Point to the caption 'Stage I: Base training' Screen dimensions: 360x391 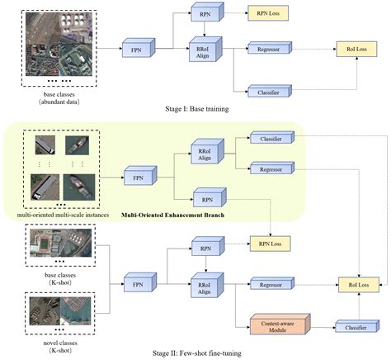[195, 107]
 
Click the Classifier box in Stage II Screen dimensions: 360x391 [351, 328]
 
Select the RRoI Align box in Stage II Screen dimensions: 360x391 [205, 284]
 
